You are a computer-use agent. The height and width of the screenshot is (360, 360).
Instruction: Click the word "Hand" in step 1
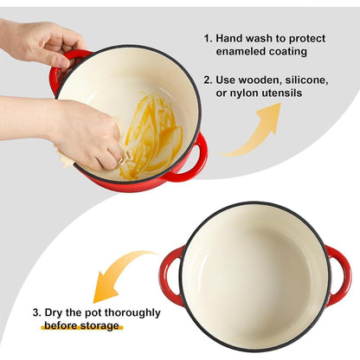229,38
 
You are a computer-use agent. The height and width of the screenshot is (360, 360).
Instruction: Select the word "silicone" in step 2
306,80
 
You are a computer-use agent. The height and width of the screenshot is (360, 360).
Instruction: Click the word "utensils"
282,93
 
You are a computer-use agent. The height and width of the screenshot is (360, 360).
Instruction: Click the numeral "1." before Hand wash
209,38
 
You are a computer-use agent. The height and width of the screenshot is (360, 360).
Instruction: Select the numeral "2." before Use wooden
208,80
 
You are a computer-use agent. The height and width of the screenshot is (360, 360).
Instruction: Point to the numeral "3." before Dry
37,312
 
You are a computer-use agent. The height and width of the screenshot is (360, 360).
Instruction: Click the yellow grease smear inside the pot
154,136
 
